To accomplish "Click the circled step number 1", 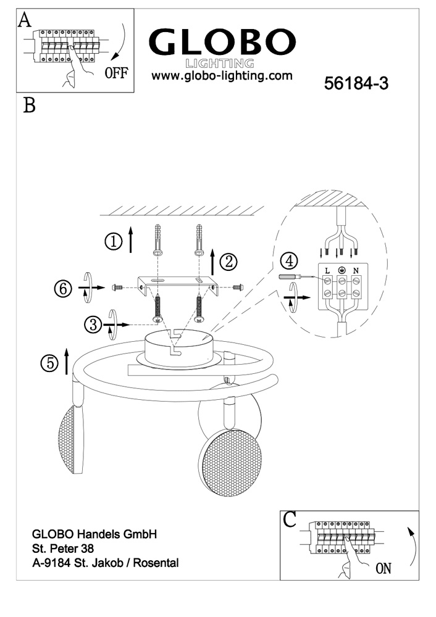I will (114, 242).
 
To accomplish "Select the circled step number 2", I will (228, 262).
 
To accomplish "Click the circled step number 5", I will (49, 363).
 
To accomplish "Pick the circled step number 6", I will (64, 288).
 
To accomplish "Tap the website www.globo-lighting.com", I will (221, 76).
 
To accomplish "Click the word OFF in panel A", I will (116, 73).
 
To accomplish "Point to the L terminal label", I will (327, 271).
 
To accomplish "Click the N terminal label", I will (356, 271).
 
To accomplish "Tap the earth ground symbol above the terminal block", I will (341, 270).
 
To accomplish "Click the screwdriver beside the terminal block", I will (292, 278).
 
